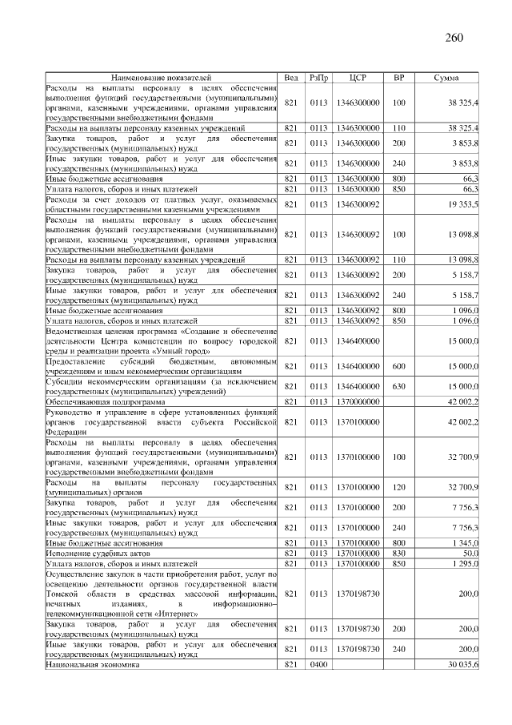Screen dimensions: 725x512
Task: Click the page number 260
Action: [453, 37]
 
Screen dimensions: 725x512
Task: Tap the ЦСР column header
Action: [358, 78]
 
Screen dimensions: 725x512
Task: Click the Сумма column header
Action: [446, 78]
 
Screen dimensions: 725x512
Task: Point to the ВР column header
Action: [399, 78]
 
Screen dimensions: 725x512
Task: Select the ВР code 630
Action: [399, 387]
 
